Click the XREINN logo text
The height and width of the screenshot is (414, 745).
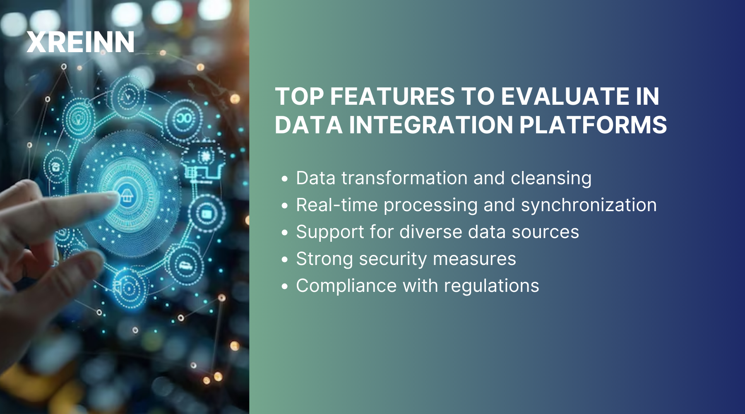click(x=80, y=42)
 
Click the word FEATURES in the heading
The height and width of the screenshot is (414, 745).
click(x=392, y=96)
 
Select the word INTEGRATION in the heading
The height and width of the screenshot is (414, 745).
click(x=431, y=125)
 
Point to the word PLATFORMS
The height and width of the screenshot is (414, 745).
click(x=593, y=125)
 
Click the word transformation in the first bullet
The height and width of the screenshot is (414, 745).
click(x=404, y=178)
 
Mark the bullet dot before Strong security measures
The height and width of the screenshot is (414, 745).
click(x=284, y=260)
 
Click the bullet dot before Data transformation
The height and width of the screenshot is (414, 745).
click(x=284, y=179)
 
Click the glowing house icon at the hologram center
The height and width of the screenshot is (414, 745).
click(x=126, y=195)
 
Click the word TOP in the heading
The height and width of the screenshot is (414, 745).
click(x=300, y=96)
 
